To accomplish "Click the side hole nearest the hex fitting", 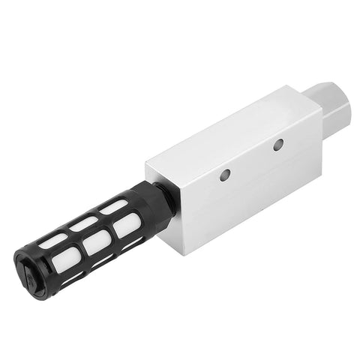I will click(x=278, y=143).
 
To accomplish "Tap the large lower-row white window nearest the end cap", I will click(x=64, y=263).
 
